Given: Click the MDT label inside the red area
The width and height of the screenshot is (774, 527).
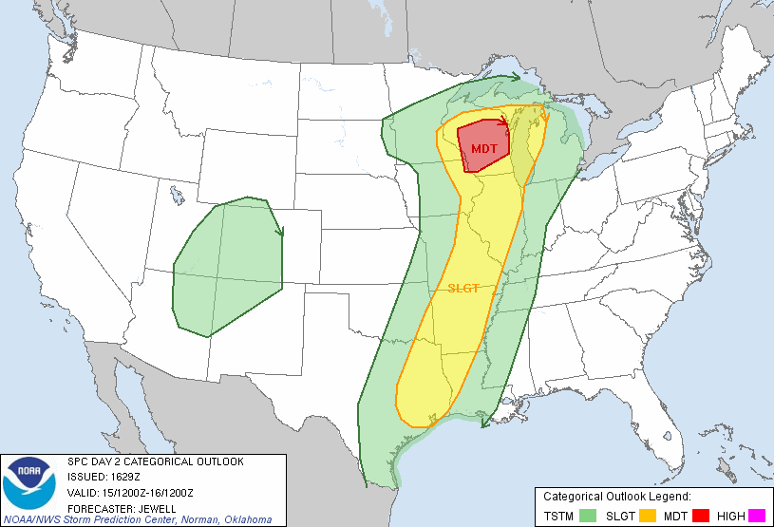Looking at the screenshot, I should (483, 149).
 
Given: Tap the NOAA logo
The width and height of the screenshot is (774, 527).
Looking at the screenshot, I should (31, 483).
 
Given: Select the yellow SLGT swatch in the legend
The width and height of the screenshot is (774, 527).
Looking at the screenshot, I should (648, 516).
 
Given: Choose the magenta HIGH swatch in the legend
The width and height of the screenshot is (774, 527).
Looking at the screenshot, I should (757, 516).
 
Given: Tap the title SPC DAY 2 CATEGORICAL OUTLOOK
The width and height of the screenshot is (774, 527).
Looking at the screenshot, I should (156, 461).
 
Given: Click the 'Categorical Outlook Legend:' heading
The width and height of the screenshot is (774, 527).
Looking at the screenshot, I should (616, 497).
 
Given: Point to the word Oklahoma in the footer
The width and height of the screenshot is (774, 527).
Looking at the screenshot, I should (247, 519).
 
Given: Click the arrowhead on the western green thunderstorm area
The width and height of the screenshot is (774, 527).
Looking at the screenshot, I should (280, 231).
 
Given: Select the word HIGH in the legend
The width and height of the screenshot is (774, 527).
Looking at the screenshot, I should (731, 516).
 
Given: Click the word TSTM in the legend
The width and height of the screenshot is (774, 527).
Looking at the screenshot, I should (559, 516).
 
